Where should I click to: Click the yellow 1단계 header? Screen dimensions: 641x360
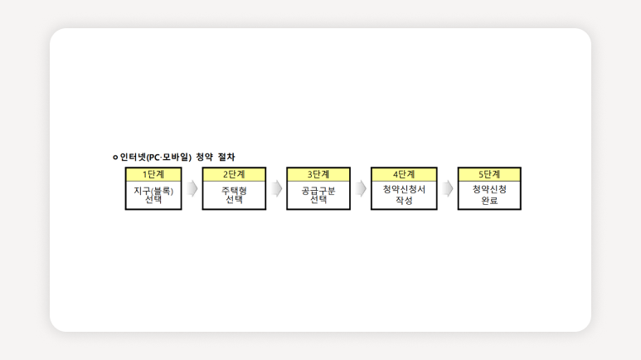[x=153, y=175]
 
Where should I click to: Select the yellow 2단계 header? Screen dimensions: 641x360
[x=234, y=175]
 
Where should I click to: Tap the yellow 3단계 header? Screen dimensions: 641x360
[x=318, y=175]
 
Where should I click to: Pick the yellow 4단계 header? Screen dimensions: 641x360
[x=404, y=175]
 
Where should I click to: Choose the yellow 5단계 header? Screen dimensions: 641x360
[x=489, y=175]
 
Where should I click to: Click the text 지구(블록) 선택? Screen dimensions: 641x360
[x=153, y=195]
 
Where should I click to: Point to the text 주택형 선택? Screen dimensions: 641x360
[x=234, y=195]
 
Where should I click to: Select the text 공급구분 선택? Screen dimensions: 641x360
[x=318, y=195]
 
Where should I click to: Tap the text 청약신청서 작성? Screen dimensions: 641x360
[x=404, y=195]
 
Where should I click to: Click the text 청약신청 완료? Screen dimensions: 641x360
[x=489, y=195]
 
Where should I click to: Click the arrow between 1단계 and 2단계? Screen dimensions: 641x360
[x=192, y=188]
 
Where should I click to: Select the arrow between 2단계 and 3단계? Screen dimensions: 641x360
[x=277, y=188]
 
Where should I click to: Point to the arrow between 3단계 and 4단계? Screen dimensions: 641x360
[x=361, y=188]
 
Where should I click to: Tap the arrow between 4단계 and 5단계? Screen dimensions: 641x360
[x=448, y=188]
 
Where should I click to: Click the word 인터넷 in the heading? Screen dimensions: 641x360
[x=133, y=157]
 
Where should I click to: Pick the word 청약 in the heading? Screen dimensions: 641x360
[x=204, y=157]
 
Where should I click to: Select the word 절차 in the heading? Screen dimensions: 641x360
[x=226, y=157]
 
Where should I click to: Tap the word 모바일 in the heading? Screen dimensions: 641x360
[x=175, y=157]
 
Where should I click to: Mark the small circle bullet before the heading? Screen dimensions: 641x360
[x=115, y=157]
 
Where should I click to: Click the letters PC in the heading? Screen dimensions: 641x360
[x=153, y=158]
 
